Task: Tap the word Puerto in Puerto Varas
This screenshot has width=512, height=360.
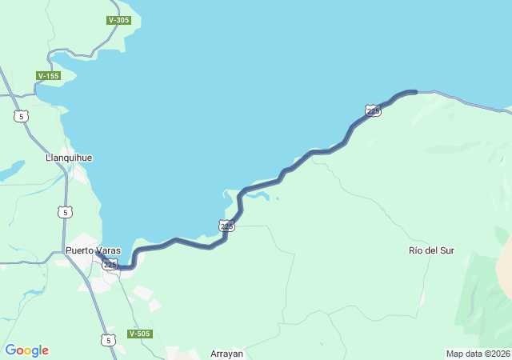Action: [80, 250]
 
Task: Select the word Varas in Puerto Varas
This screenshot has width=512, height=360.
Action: [108, 250]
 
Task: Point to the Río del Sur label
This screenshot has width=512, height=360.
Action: [431, 250]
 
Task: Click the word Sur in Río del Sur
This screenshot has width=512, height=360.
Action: [446, 250]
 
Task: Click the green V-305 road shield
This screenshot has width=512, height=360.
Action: [118, 20]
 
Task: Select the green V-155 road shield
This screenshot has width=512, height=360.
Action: [48, 76]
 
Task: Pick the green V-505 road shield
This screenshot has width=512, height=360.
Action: [139, 334]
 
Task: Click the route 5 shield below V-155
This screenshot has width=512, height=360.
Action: [21, 116]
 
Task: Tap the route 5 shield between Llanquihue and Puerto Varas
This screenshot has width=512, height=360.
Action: [65, 212]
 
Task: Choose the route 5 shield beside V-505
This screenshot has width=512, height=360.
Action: [108, 340]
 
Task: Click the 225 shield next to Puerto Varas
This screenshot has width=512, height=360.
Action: [110, 264]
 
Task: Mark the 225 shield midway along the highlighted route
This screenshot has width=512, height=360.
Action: [227, 226]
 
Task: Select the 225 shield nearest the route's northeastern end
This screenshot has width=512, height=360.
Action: [373, 110]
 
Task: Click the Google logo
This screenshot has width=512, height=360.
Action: [26, 350]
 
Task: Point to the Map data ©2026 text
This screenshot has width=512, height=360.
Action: [477, 354]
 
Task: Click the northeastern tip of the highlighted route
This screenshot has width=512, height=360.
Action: [415, 92]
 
